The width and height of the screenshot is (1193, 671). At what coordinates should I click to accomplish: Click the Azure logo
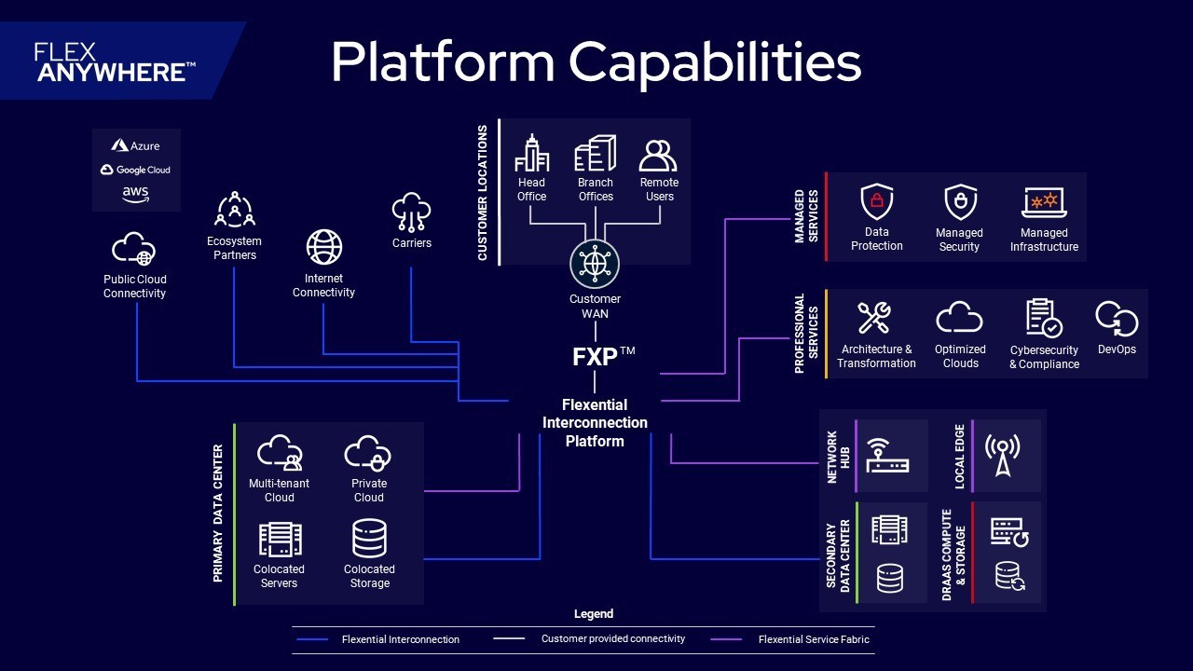[x=135, y=145]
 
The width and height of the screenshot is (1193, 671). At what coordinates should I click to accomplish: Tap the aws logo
[x=135, y=195]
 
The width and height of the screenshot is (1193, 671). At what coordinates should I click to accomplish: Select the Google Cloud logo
[x=135, y=170]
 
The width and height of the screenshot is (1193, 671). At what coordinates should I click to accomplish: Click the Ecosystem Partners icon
[x=234, y=210]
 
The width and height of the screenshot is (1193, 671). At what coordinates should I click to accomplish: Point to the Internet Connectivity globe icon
[x=323, y=247]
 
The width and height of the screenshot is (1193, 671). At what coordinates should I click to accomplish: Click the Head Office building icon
[x=531, y=154]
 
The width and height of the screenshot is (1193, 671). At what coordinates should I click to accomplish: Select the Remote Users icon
[x=658, y=155]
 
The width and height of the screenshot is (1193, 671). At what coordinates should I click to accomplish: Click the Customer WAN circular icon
[x=595, y=264]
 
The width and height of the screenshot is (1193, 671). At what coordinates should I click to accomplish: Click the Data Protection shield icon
[x=877, y=202]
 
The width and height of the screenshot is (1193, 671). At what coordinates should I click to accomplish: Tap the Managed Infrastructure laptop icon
[x=1044, y=202]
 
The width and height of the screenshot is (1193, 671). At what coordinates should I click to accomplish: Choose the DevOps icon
[x=1117, y=319]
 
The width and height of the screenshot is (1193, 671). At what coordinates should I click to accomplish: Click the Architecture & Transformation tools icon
[x=874, y=318]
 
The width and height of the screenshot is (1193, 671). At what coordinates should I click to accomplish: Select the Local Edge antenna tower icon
[x=1002, y=455]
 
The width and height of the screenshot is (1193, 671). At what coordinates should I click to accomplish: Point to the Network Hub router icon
[x=887, y=456]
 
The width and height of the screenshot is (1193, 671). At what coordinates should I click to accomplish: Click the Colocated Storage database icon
[x=370, y=539]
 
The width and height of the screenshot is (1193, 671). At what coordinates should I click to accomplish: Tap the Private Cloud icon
[x=367, y=453]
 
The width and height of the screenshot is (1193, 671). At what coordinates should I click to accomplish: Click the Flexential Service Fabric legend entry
[x=789, y=639]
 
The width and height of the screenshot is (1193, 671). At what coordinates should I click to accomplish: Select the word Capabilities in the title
[x=715, y=62]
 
